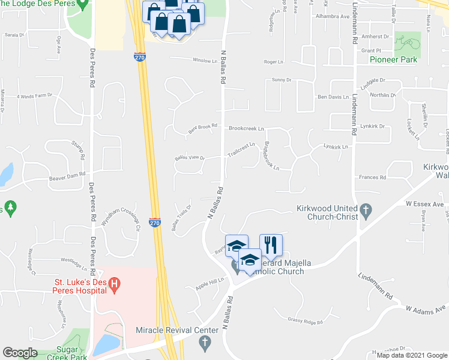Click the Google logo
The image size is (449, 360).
click(x=20, y=353)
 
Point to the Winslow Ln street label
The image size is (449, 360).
click(x=205, y=61)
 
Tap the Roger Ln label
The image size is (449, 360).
click(x=273, y=61)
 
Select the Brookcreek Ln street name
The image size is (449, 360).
click(x=246, y=128)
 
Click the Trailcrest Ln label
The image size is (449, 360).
click(x=241, y=149)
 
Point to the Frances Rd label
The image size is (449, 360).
click(x=373, y=178)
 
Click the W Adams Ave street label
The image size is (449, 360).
click(x=427, y=308)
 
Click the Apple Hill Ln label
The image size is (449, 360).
click(x=209, y=284)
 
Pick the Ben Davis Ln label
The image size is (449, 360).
click(x=333, y=97)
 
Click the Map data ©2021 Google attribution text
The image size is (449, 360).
click(x=412, y=355)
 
